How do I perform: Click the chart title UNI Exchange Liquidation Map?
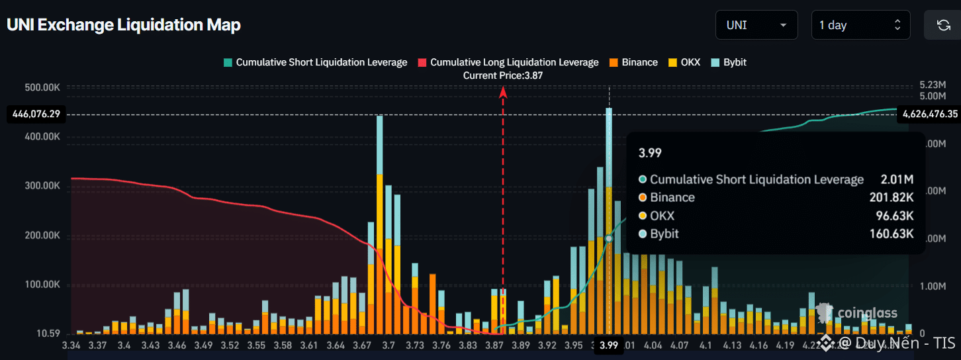tap(124, 25)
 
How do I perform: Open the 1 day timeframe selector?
tap(860, 25)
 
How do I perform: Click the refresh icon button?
tap(943, 25)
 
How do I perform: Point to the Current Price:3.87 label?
tap(503, 75)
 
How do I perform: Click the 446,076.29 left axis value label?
tap(36, 114)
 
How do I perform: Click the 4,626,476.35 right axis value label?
tap(929, 114)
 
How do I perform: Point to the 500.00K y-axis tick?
tap(43, 87)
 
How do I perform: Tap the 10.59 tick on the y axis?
tap(49, 334)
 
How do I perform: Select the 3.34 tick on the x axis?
tap(71, 345)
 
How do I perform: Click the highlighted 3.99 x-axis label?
tap(609, 345)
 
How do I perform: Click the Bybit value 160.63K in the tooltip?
tap(892, 234)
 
